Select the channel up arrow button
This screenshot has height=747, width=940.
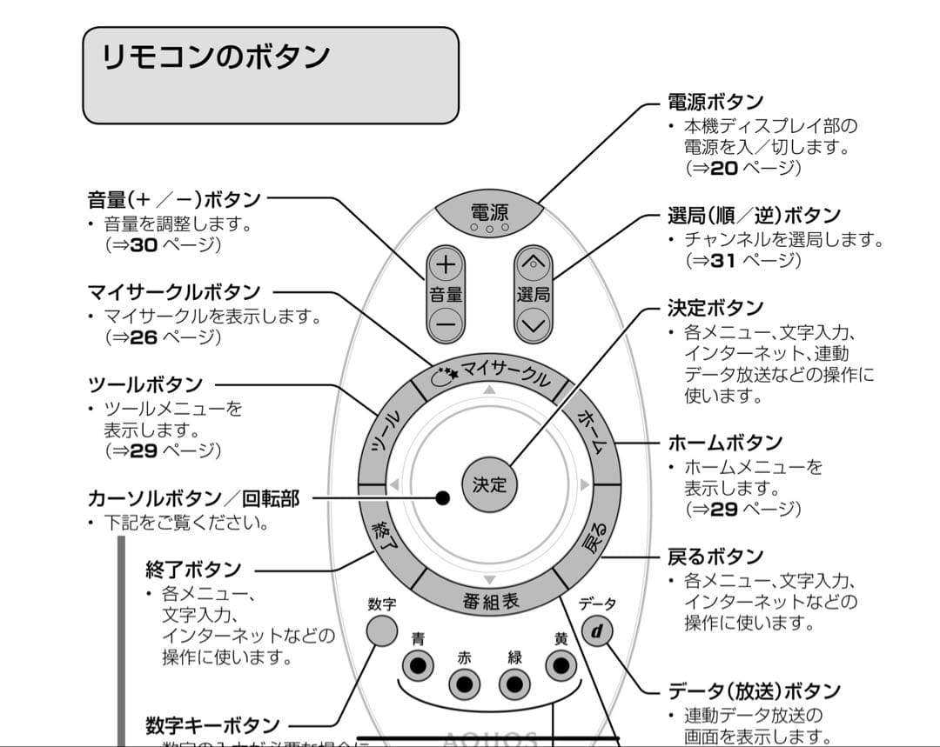point(533,263)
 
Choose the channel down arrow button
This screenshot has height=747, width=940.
point(533,325)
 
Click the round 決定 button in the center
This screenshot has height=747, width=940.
point(489,484)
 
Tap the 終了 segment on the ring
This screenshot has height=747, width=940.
point(385,539)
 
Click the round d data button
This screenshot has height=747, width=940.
point(596,630)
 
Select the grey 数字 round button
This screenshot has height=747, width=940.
point(382,630)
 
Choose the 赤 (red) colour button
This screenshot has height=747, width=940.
point(465,684)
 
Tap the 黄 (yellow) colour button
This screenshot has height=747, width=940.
point(561,665)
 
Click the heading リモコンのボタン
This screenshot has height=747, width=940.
point(216,57)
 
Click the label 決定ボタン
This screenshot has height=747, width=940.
point(715,308)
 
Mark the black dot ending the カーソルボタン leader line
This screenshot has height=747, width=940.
point(442,498)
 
